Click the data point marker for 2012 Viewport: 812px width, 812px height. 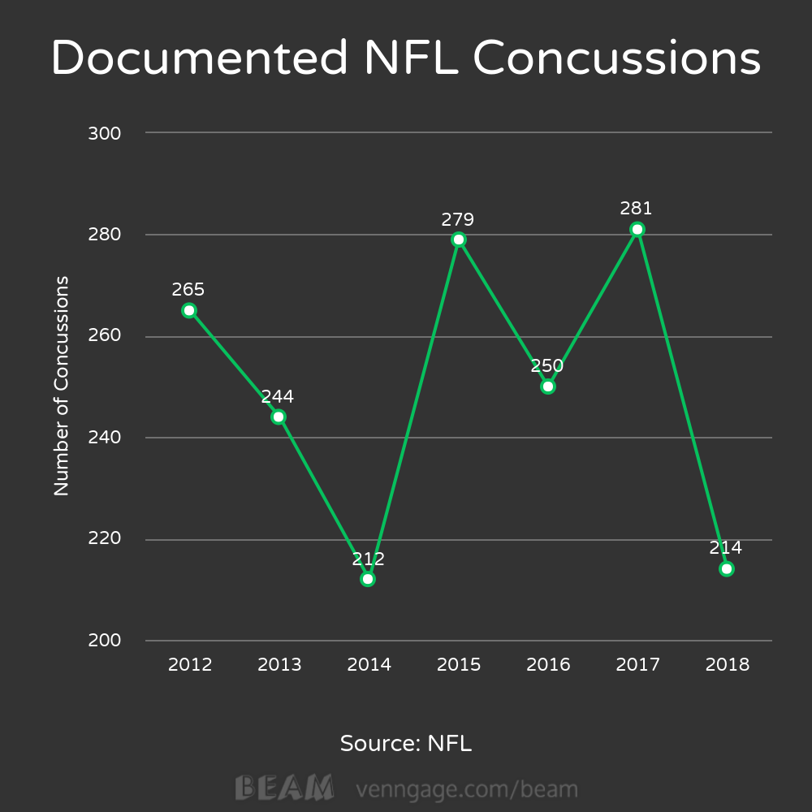189,310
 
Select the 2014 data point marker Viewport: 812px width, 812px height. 368,579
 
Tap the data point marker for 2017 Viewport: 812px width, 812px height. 637,229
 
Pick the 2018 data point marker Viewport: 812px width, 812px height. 727,568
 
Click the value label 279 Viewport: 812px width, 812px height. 458,219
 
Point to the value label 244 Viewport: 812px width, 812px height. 278,397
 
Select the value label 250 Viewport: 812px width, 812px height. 547,365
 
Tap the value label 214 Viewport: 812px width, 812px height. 726,548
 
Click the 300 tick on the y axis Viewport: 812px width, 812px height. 104,133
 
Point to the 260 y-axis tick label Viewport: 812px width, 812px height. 104,336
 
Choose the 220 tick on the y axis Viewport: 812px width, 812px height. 104,539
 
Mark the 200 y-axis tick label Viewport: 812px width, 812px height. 104,641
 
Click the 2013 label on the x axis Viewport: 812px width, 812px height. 279,665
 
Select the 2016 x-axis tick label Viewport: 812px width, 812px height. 548,665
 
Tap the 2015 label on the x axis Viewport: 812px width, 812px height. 459,665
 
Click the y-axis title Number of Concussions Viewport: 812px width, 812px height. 62,387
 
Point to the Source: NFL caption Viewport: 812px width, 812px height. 406,743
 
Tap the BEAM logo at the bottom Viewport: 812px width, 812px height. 284,788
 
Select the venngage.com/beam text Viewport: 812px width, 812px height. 467,789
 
